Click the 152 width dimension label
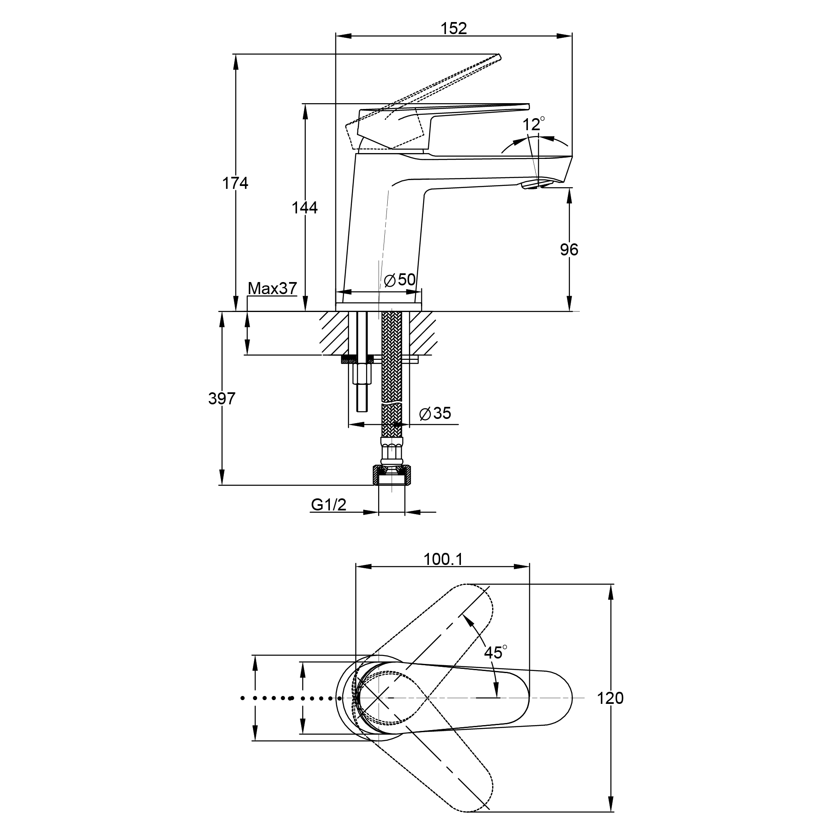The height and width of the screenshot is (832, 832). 454,28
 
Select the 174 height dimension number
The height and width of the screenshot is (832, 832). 235,183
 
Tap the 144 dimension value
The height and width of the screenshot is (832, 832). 305,208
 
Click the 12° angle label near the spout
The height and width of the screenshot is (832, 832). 534,124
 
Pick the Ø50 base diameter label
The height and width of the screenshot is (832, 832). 400,280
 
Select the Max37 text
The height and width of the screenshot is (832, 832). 272,288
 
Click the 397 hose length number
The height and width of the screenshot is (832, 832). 222,399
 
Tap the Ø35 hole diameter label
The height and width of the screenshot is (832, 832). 435,414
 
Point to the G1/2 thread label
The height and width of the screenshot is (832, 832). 329,505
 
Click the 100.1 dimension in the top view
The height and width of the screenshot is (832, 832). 443,560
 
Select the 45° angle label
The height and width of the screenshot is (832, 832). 495,652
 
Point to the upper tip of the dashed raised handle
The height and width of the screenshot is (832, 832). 500,56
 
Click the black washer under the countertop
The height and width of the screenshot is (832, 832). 349,359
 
